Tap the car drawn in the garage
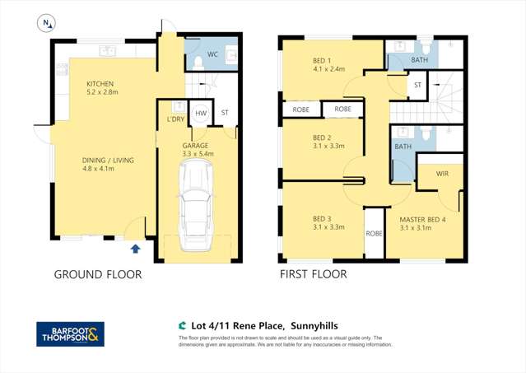coord(197,198)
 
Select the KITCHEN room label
coord(100,84)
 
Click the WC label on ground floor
coord(212,54)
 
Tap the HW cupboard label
coord(201,114)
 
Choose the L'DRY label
coord(175,119)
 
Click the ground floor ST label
coord(225,114)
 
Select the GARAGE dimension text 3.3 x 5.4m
coord(197,153)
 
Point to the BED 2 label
coord(322,138)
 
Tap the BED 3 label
coord(322,218)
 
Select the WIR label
coord(433,174)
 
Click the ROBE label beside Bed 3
coord(374,233)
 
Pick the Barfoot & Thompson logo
coord(70,333)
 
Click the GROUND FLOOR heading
coord(98,274)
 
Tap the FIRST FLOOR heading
coord(313,274)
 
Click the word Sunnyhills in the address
coord(310,326)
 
